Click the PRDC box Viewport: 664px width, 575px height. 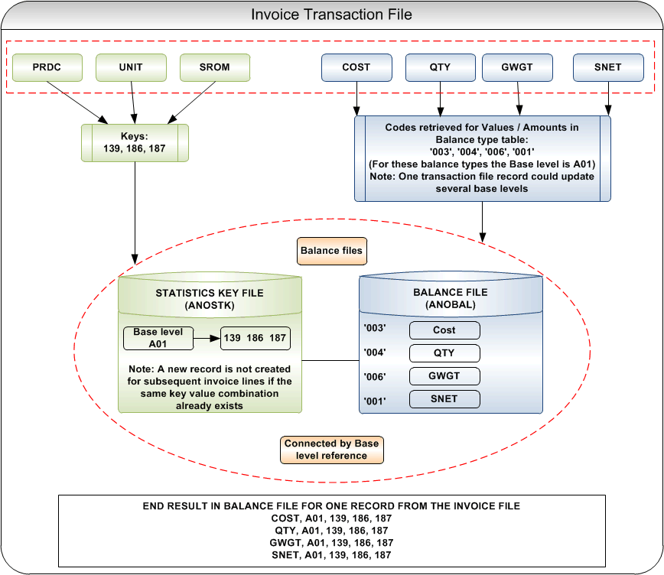click(x=47, y=67)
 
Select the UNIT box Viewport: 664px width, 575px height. click(x=131, y=67)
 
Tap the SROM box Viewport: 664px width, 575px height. click(x=215, y=67)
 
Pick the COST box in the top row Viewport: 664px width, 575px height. click(x=356, y=67)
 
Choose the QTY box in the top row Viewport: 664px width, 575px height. click(x=440, y=67)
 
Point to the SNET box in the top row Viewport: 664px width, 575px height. click(x=608, y=67)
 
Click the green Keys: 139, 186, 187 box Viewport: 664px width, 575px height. click(x=135, y=143)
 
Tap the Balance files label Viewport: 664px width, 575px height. click(x=331, y=250)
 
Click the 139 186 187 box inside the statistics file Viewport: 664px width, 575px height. click(x=256, y=338)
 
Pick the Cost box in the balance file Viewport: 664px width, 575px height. click(x=444, y=330)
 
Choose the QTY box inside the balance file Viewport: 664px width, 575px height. click(x=444, y=352)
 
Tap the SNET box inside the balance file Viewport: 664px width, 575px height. click(x=444, y=398)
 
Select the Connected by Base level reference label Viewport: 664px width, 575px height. click(x=331, y=450)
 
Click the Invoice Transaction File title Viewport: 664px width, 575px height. click(x=331, y=14)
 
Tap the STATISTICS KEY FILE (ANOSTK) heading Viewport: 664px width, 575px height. click(x=209, y=299)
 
